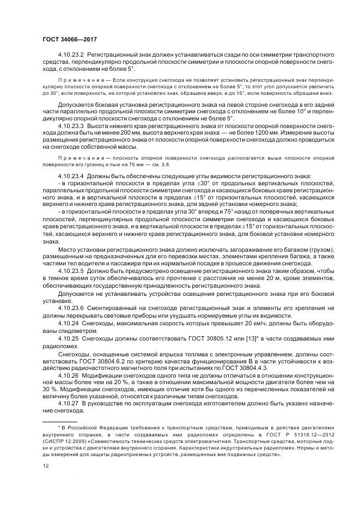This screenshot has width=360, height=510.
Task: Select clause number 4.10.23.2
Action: point(70,56)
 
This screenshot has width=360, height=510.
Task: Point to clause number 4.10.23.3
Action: point(70,126)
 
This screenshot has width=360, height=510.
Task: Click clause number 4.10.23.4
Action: point(70,175)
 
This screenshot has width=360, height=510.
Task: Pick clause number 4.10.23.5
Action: point(70,269)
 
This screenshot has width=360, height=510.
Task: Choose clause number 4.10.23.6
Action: point(70,307)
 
